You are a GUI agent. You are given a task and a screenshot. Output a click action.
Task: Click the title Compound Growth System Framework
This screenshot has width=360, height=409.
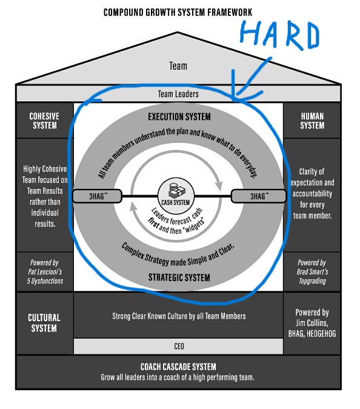coord(178,12)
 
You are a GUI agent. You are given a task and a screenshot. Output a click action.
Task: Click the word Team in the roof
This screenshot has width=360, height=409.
coord(178,66)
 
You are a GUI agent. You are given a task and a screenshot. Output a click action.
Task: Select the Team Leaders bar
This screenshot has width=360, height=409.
coord(178,94)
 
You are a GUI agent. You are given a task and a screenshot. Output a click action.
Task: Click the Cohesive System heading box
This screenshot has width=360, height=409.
coord(44,121)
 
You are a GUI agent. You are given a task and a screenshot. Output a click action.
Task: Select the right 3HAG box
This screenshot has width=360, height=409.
coord(258,196)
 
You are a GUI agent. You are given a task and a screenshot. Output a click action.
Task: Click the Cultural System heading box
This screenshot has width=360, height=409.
coord(44,322)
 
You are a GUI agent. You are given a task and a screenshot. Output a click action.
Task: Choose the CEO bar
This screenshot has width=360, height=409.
coord(178,346)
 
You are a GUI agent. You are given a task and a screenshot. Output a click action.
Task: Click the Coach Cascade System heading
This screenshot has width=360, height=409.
coord(178,367)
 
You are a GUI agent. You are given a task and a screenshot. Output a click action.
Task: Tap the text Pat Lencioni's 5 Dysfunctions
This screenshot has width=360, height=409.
coord(44,271)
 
